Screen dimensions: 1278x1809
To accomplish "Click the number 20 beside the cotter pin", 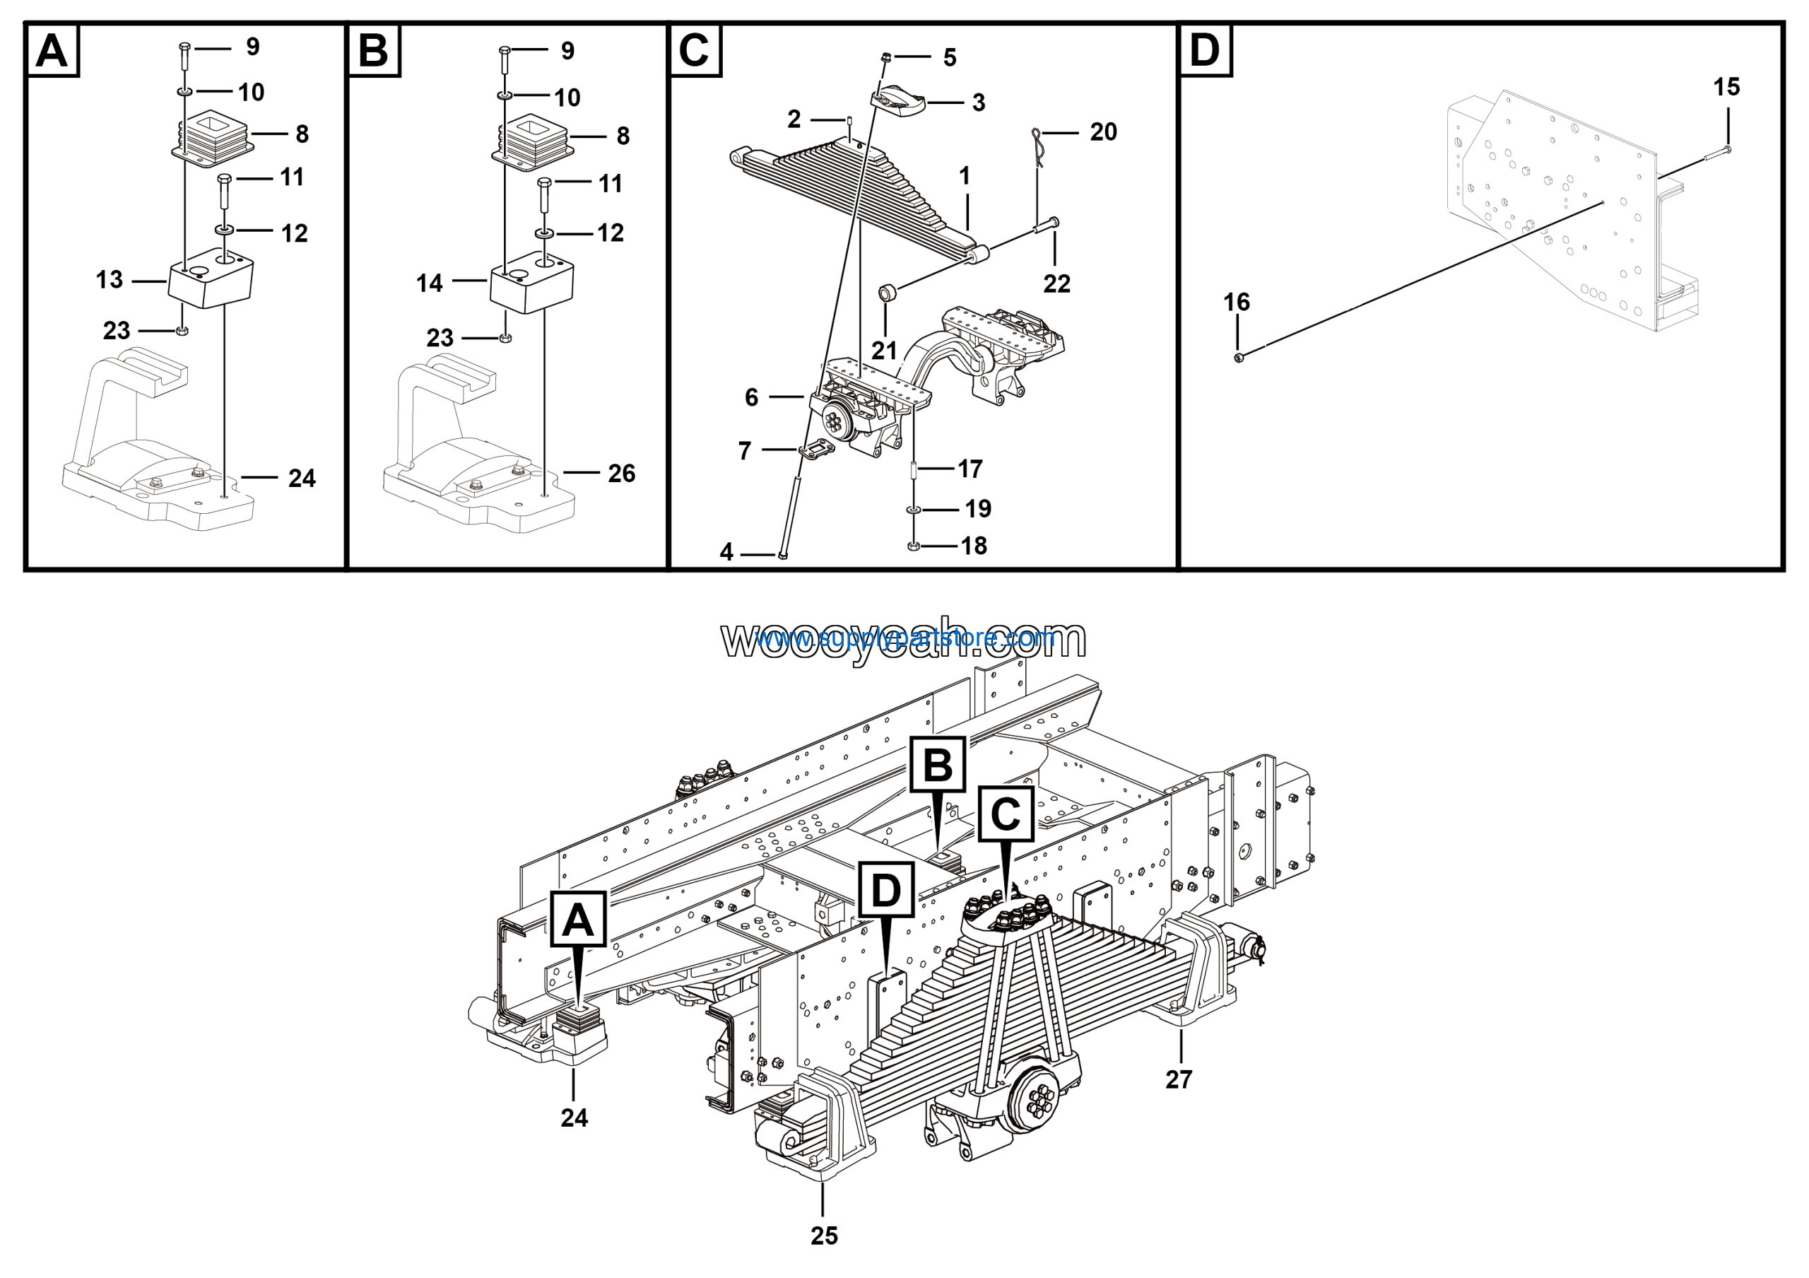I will coord(1103,131).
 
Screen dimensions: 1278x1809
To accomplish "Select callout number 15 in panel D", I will coord(1726,87).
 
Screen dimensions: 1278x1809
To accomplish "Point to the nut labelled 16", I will coord(1238,358).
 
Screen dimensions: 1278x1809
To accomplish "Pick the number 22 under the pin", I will coord(1056,283).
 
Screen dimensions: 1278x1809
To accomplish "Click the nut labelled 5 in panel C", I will coord(885,57).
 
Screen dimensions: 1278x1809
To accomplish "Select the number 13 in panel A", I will coord(110,280).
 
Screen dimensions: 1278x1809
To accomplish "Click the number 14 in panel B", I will coord(430,283).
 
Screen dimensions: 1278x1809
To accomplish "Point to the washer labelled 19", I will coord(913,510).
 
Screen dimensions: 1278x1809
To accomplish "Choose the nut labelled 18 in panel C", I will coord(913,546).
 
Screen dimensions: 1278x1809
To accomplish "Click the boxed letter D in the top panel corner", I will coord(1205,50).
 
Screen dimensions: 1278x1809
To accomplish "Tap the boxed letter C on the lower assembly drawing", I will coord(1006,813).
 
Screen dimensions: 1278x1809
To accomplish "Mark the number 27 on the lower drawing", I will coord(1179,1079).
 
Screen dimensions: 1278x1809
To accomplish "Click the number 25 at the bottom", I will coord(824,1236).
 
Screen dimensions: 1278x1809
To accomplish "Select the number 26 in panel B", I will coord(622,474).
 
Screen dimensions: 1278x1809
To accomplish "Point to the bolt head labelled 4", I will coord(782,556).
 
